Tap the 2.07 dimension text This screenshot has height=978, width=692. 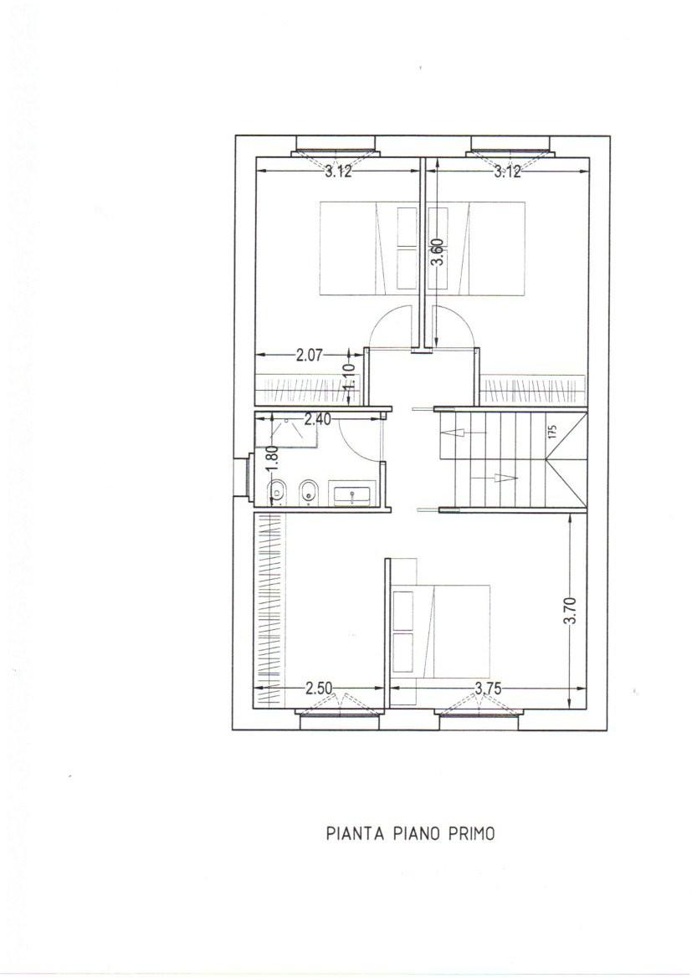click(x=309, y=356)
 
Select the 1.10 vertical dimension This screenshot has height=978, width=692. click(x=350, y=376)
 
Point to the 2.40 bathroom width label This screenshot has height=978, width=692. click(x=317, y=420)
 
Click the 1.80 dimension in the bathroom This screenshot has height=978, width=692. click(x=271, y=455)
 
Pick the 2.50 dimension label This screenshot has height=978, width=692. click(x=320, y=688)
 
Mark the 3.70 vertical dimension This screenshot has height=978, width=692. click(x=571, y=611)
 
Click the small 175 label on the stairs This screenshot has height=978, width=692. click(x=552, y=433)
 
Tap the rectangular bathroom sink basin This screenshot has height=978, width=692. click(x=352, y=495)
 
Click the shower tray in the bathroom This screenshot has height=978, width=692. click(x=287, y=431)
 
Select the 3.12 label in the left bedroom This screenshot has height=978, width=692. click(x=338, y=172)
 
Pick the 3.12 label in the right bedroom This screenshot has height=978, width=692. click(x=507, y=172)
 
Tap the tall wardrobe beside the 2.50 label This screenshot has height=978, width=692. click(x=269, y=609)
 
